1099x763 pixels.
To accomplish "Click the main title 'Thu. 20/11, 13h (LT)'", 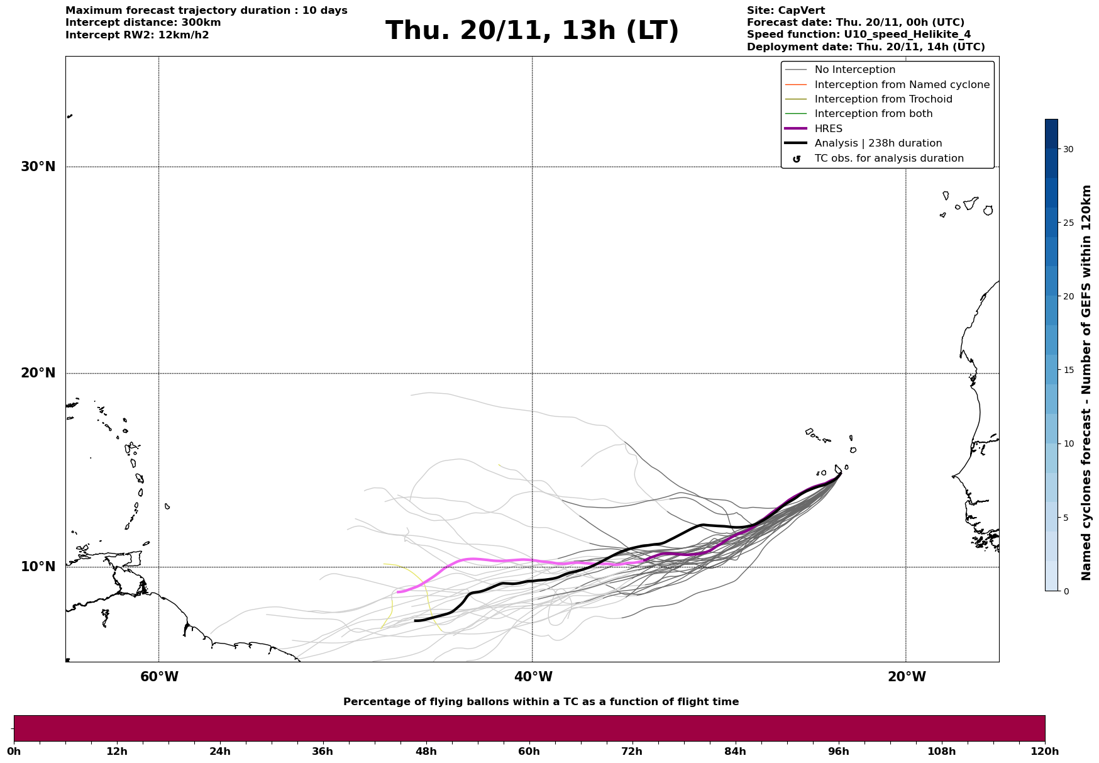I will [x=532, y=31].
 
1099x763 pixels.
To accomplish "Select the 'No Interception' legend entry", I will [x=854, y=70].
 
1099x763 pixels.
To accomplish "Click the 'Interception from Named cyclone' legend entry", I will [x=902, y=85].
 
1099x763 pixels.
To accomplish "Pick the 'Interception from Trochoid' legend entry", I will [x=883, y=99].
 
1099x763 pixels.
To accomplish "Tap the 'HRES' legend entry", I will [x=828, y=129].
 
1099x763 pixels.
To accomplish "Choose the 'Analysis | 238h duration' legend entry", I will [x=878, y=143].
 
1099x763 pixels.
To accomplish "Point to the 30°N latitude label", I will [x=38, y=167].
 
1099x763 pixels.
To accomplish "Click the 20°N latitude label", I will [x=38, y=373].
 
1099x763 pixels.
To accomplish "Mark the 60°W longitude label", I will [x=159, y=677].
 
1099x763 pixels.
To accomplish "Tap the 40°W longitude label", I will [x=533, y=677].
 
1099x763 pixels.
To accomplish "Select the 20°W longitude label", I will [x=907, y=677].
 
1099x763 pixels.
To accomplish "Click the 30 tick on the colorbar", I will [x=1068, y=149].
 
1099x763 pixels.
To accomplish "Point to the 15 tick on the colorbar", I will [x=1068, y=370].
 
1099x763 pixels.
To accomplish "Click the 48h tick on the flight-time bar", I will [x=426, y=752].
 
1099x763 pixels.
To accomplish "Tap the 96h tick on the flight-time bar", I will [x=838, y=752].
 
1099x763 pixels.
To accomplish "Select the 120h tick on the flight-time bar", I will [x=1044, y=752].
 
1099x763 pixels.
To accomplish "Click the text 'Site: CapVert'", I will [x=786, y=11].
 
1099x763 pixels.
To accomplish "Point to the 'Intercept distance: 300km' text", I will [x=143, y=23].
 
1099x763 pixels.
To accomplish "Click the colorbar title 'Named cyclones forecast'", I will [x=1086, y=382].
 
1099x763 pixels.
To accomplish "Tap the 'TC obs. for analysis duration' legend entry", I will [x=888, y=159].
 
